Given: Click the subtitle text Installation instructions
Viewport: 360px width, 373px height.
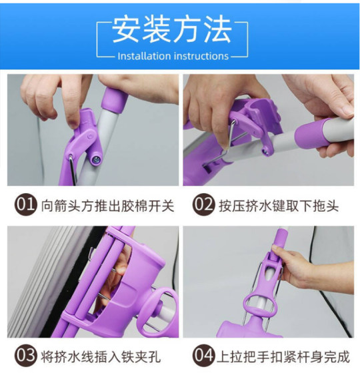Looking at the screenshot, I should coord(173,56).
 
